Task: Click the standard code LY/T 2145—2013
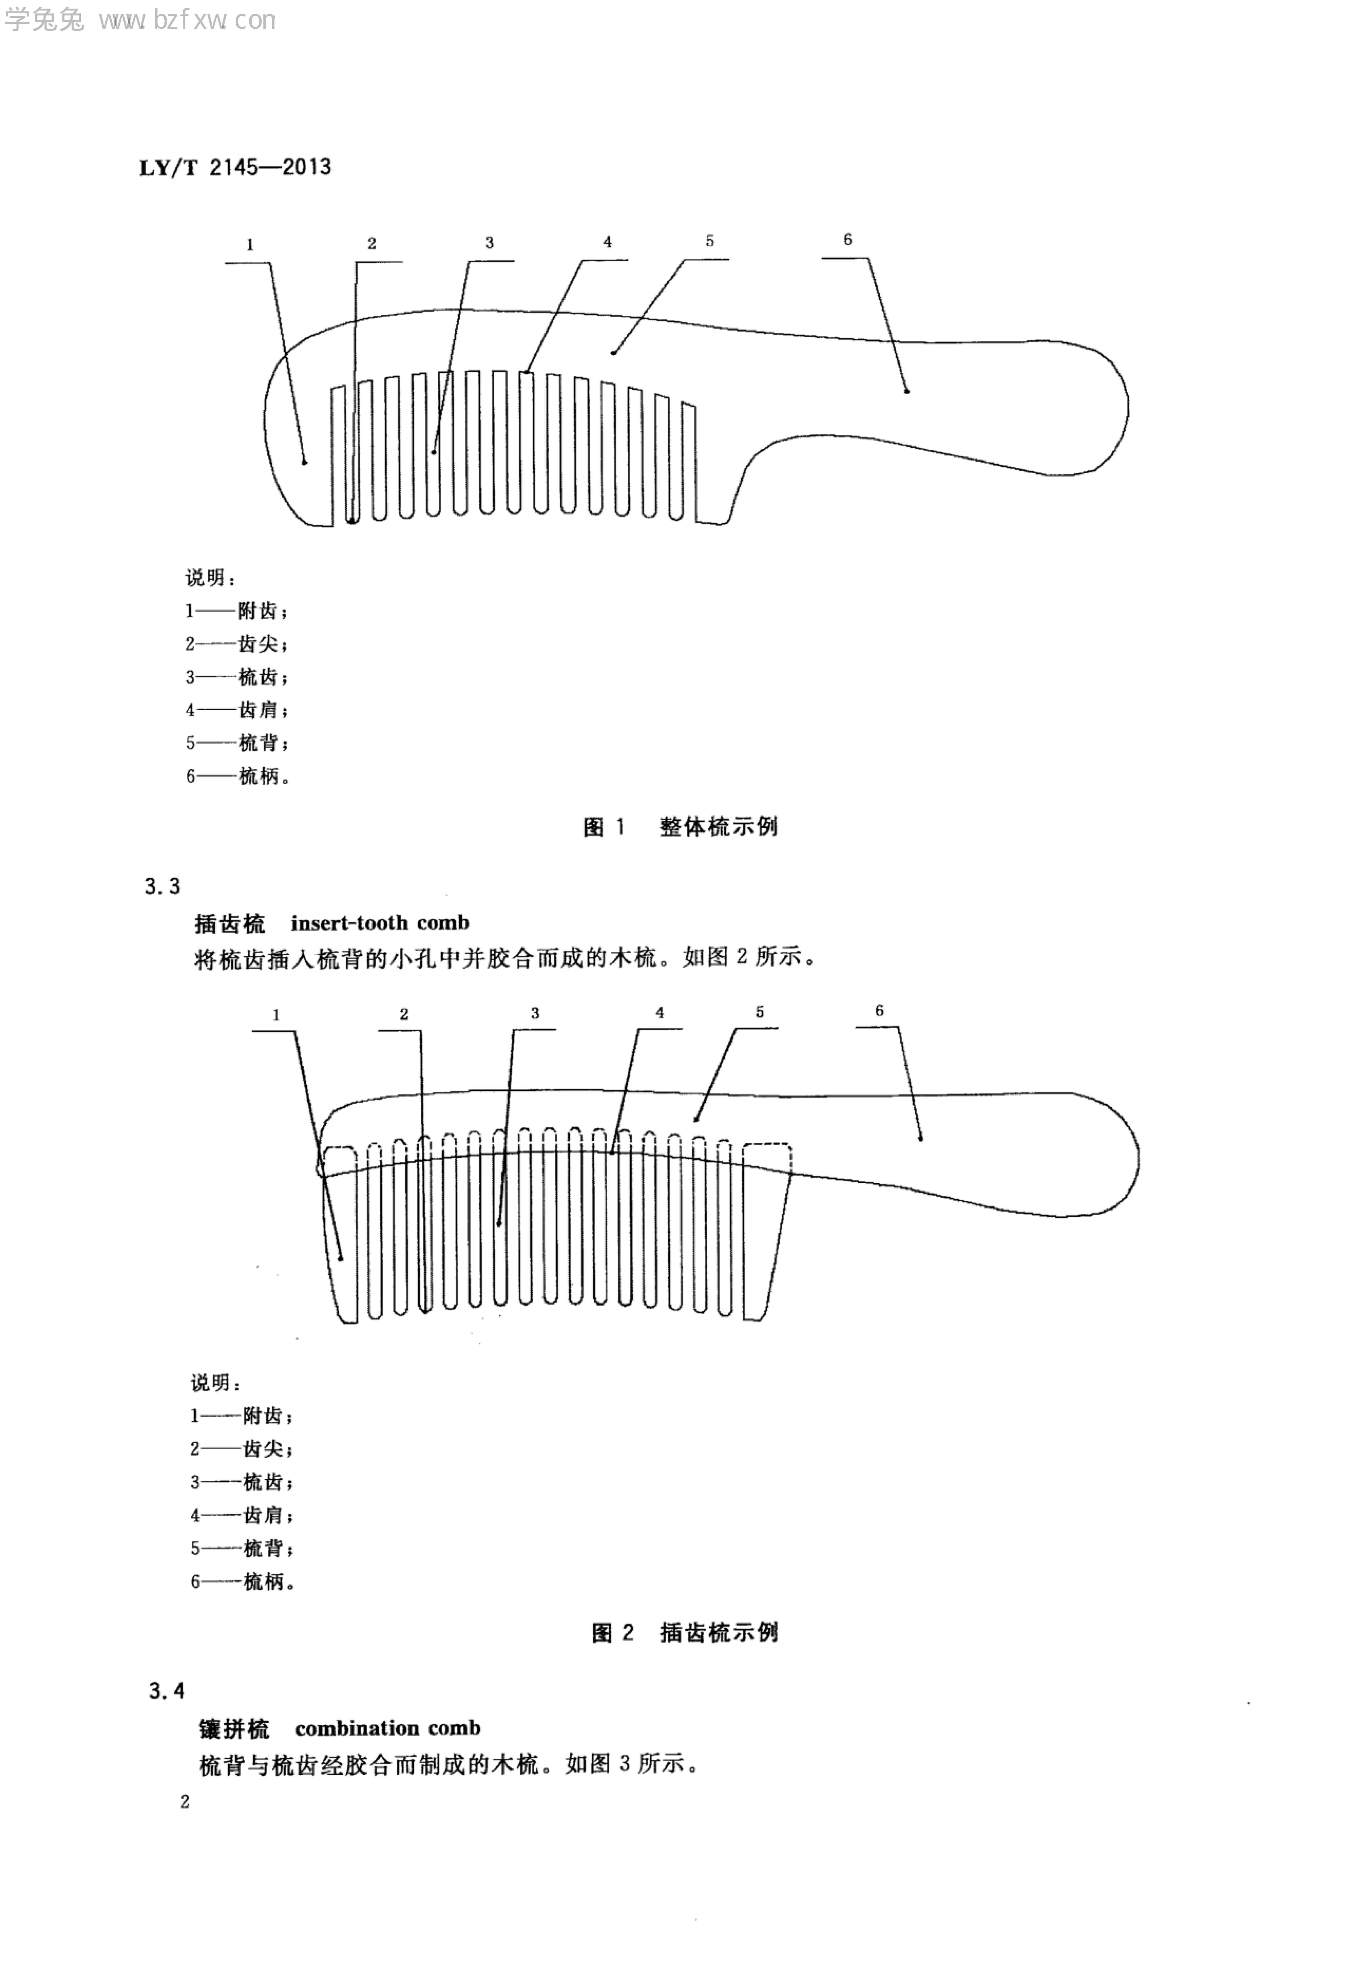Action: tap(235, 167)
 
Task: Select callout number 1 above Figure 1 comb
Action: tap(250, 245)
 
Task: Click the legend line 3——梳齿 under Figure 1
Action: tap(237, 677)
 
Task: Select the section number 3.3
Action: tap(162, 887)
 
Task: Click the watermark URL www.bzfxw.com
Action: tap(187, 20)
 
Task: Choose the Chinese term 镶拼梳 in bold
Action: tap(234, 1728)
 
